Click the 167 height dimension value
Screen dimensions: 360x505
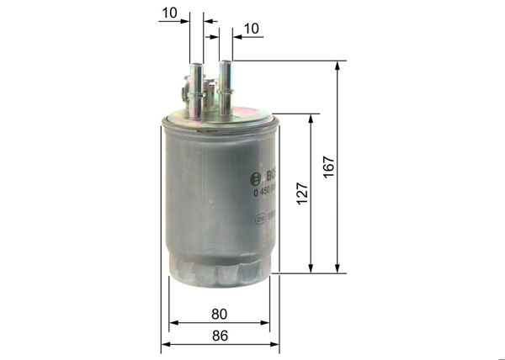click(x=329, y=167)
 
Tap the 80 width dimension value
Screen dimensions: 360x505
click(x=219, y=314)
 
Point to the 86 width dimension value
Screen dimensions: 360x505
click(x=219, y=335)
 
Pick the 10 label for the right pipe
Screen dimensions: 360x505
click(x=251, y=29)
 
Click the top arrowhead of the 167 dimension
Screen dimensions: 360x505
click(x=338, y=66)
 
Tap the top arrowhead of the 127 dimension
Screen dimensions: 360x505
click(x=311, y=119)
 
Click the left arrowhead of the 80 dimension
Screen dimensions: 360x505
click(x=173, y=322)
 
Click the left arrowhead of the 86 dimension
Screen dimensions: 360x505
click(x=166, y=343)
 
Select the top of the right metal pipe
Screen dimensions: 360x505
click(x=225, y=62)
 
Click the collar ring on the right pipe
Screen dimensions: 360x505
click(x=225, y=85)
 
